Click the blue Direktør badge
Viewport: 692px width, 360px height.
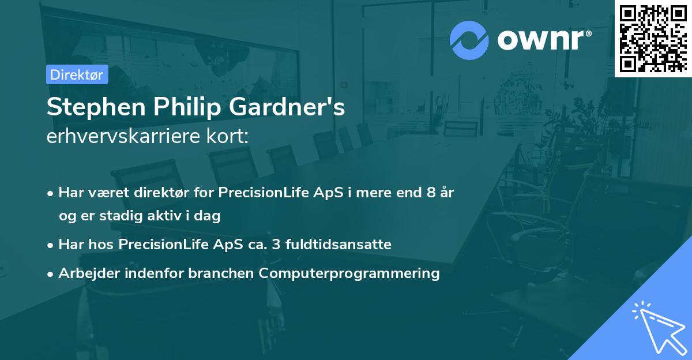[x=77, y=74]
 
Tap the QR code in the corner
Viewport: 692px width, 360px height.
[x=653, y=38]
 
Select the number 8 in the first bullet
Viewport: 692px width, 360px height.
[x=431, y=192]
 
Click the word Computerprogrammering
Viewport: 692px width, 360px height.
[x=349, y=273]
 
